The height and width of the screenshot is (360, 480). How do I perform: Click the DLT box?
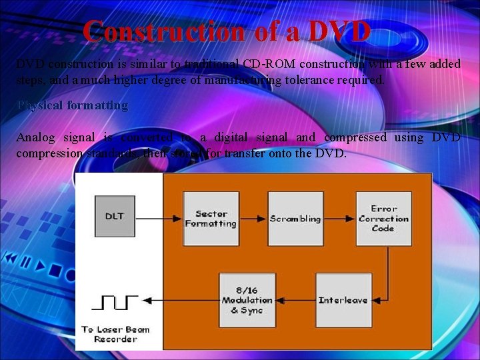pyautogui.click(x=115, y=216)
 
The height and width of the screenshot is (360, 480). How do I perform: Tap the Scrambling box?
pyautogui.click(x=295, y=219)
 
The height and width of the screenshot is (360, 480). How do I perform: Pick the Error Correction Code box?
pyautogui.click(x=383, y=219)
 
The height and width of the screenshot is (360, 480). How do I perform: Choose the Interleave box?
pyautogui.click(x=343, y=300)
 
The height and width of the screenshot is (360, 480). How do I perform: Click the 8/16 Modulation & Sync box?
pyautogui.click(x=247, y=300)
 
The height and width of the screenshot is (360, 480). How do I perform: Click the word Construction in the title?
pyautogui.click(x=165, y=31)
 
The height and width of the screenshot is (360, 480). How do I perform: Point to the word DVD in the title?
pyautogui.click(x=339, y=31)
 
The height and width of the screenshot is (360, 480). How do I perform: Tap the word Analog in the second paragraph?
pyautogui.click(x=35, y=137)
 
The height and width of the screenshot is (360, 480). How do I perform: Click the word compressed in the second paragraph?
pyautogui.click(x=355, y=137)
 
